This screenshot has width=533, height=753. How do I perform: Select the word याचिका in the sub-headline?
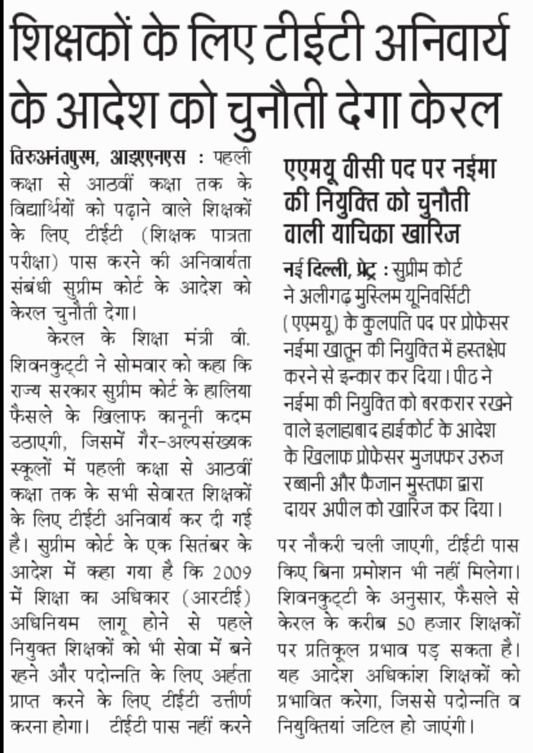click(x=364, y=233)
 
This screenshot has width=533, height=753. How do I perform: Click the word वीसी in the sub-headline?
click(x=367, y=170)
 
